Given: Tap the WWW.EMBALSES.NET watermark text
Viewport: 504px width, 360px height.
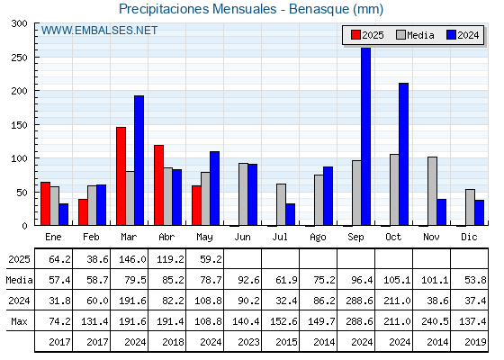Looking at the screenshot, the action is pos(99,31).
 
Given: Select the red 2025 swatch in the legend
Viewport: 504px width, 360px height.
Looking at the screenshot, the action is pos(355,35).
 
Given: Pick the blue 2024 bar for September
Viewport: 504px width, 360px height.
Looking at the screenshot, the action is pos(366,137).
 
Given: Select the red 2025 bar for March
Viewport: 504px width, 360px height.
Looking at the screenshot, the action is pos(121,176).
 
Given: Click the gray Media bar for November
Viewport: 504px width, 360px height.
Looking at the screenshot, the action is pos(432,191).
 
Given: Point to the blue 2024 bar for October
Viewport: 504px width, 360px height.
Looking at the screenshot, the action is pos(404,154).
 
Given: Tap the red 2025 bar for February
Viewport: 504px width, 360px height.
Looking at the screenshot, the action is pos(83,212).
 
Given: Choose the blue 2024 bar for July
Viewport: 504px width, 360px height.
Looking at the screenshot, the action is pos(290,214).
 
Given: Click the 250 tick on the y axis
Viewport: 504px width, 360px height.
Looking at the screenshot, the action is pos(19,58).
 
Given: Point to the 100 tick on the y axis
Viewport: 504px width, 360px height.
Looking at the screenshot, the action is pos(19,158).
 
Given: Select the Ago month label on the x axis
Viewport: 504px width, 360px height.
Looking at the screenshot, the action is pos(318,238).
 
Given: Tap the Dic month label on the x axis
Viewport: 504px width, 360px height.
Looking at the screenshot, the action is pos(469,237).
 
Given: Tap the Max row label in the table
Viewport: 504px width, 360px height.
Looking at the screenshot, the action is pos(19,321).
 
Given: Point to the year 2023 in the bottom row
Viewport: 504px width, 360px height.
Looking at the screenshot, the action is pos(248,342).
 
